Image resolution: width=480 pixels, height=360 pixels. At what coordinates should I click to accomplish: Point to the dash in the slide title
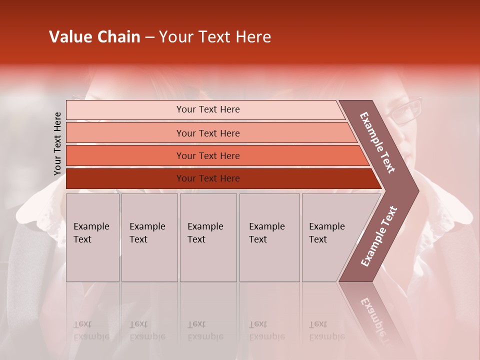coord(149,37)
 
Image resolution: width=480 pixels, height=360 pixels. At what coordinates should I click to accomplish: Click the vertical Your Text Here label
coord(57,143)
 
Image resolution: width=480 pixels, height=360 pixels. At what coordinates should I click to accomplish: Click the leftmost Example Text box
coord(92,237)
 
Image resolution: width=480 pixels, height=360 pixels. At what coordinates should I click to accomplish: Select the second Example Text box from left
coord(149,237)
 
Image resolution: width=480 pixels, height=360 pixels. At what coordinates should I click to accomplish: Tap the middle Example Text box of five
coord(208,237)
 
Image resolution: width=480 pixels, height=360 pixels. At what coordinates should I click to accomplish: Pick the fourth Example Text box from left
coord(269,237)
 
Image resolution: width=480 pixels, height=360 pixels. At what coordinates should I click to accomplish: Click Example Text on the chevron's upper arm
coord(377,142)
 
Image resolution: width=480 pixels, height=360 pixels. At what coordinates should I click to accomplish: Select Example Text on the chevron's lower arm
coord(379,236)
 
